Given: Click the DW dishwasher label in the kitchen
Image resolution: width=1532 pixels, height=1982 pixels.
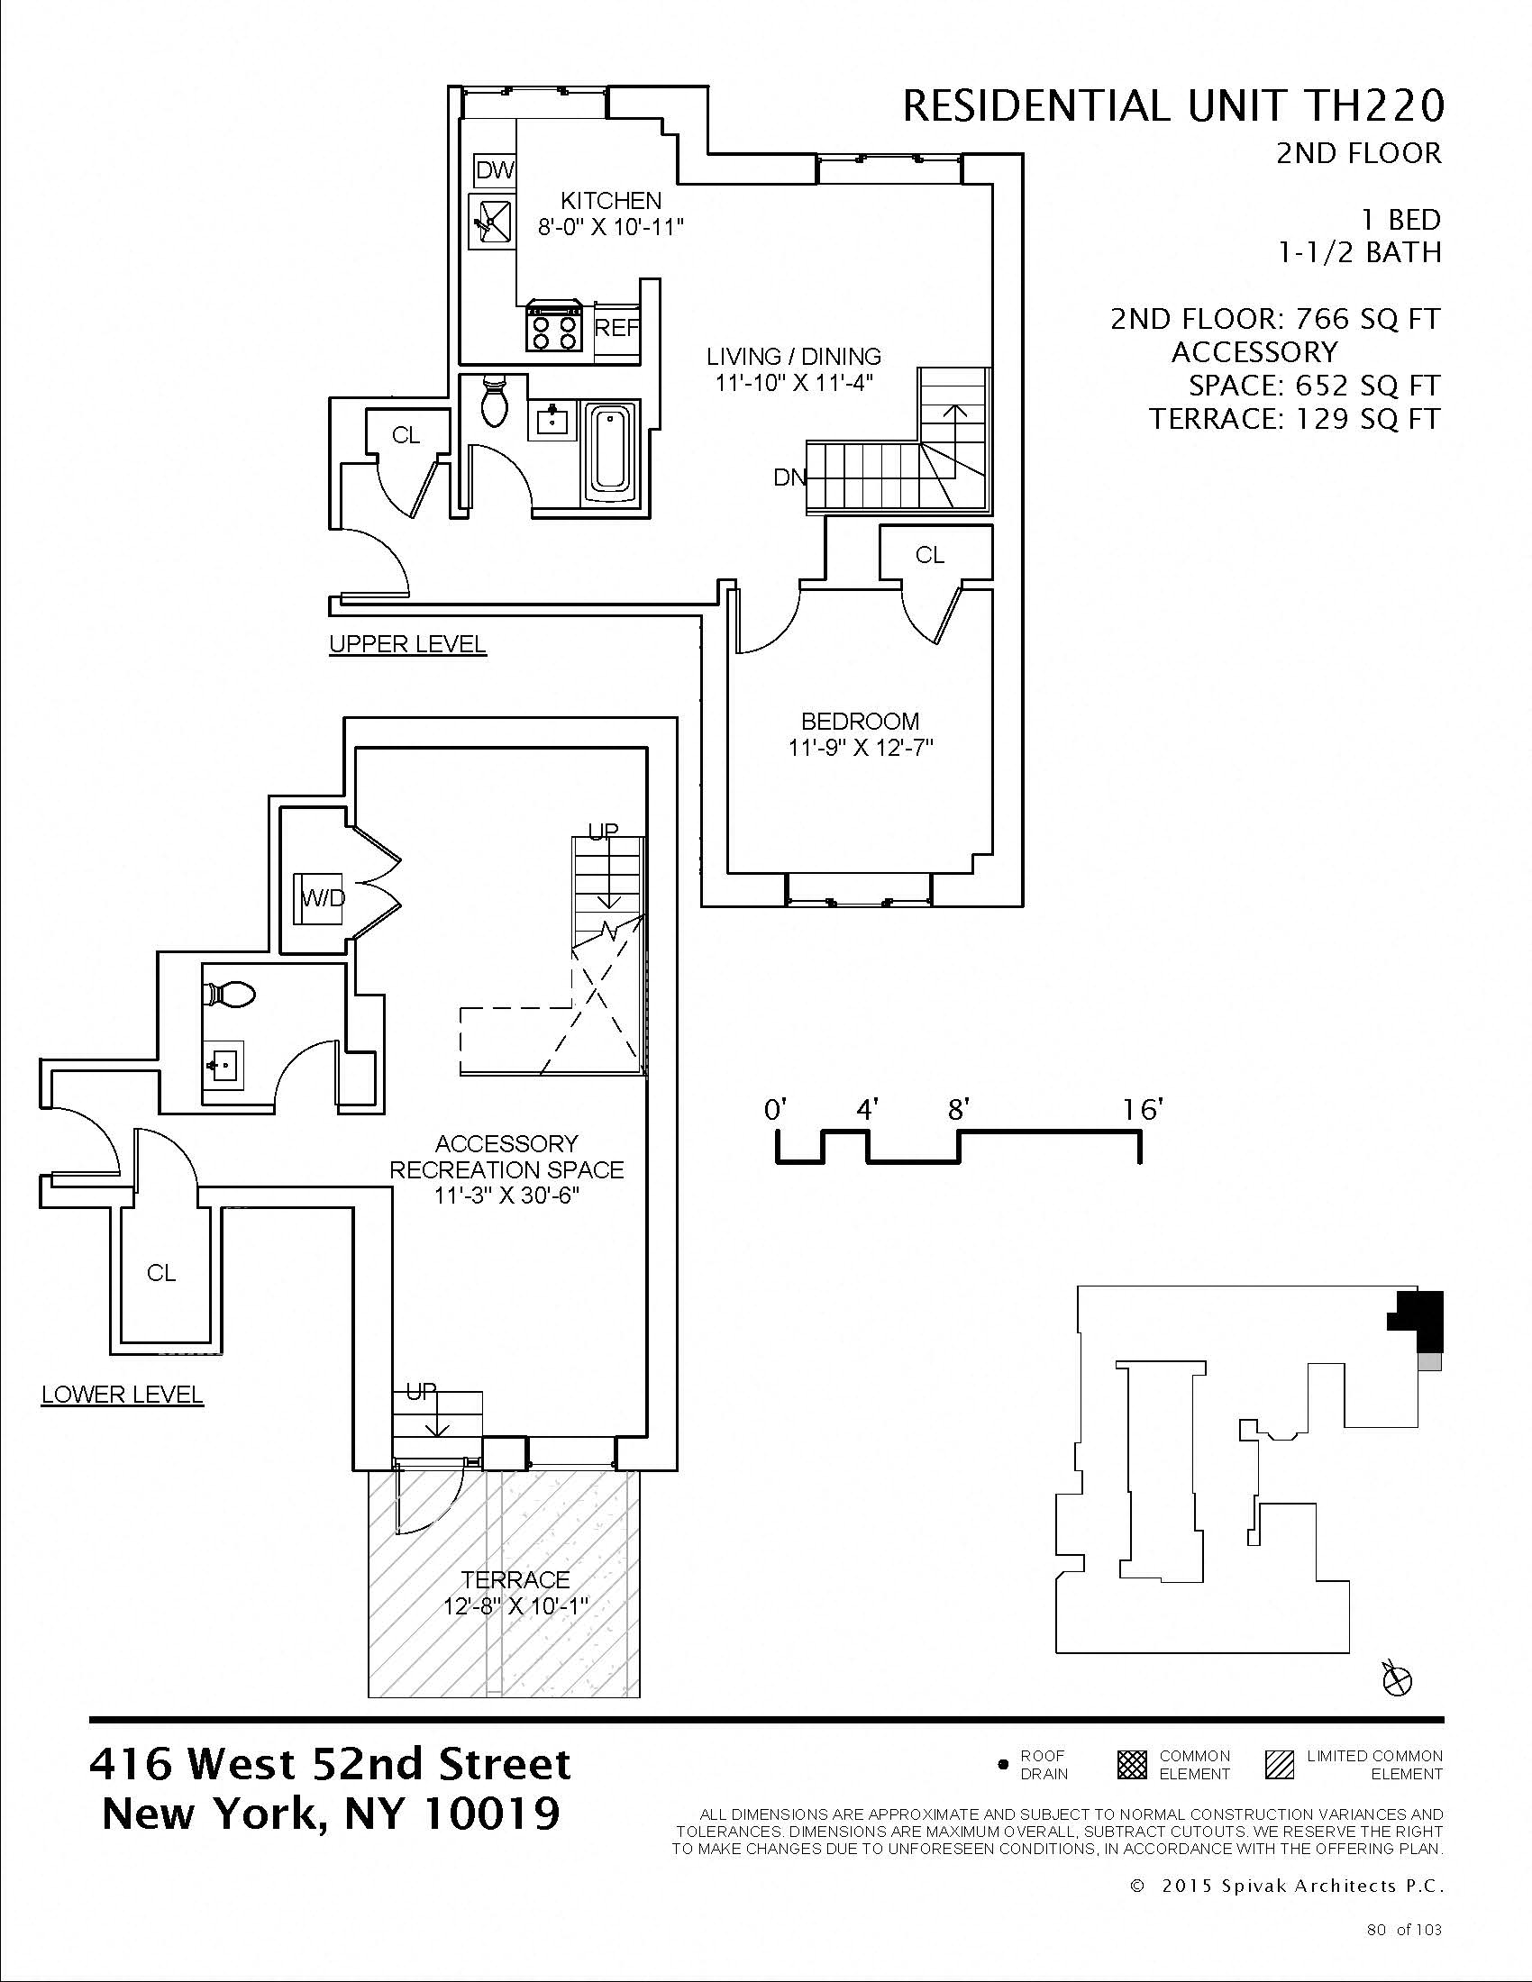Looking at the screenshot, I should [495, 169].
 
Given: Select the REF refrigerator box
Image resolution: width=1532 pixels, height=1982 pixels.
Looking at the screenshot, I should [617, 328].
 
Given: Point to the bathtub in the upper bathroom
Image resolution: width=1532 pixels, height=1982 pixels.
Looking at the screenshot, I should [609, 450].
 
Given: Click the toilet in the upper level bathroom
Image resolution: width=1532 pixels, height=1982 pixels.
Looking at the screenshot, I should [495, 400].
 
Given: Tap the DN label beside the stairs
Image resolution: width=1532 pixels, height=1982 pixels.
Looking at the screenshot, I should [789, 477].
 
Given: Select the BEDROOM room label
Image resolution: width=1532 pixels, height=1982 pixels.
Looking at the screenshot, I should [860, 722].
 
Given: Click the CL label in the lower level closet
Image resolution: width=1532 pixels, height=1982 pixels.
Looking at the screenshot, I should [161, 1273].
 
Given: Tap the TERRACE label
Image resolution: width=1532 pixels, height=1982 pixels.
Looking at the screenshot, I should [515, 1580].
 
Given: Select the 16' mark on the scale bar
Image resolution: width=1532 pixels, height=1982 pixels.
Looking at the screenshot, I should [1141, 1110].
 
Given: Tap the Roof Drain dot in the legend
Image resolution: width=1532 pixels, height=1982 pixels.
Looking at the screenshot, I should [1003, 1765].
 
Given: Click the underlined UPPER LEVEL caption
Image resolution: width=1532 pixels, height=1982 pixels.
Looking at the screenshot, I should [407, 644].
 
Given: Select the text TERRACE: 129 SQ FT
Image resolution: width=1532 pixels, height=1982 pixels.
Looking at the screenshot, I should [1295, 419].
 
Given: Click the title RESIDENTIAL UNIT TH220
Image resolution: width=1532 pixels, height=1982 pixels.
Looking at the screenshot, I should [1172, 106].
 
